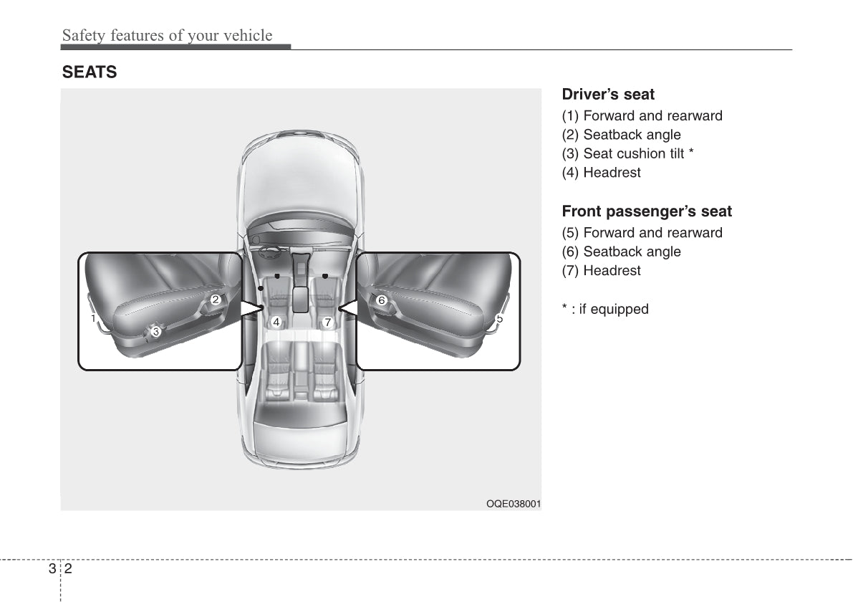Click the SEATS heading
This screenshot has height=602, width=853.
point(90,72)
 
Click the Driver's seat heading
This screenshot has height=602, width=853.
point(607,94)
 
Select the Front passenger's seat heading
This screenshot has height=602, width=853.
point(647,211)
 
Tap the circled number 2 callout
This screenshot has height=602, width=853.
point(216,300)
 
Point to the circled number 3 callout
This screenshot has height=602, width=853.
point(156,332)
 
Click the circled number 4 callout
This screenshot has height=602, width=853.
point(276,322)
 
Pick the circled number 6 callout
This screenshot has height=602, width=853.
point(381,300)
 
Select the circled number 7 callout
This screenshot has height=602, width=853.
point(327,322)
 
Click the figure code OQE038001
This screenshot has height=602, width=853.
point(514,504)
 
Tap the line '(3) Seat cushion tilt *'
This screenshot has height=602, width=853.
point(628,153)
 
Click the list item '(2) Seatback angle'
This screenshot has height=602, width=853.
point(621,135)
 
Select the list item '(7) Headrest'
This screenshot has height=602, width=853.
point(601,270)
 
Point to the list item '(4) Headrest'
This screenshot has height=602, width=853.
point(601,173)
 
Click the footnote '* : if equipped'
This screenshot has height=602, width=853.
point(605,309)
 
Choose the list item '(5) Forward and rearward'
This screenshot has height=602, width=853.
point(642,233)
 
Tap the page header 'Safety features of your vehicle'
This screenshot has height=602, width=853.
point(167,35)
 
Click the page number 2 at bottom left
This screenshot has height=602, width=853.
point(69,569)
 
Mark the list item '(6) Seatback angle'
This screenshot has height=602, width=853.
point(621,252)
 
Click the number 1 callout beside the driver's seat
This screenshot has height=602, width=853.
point(93,318)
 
